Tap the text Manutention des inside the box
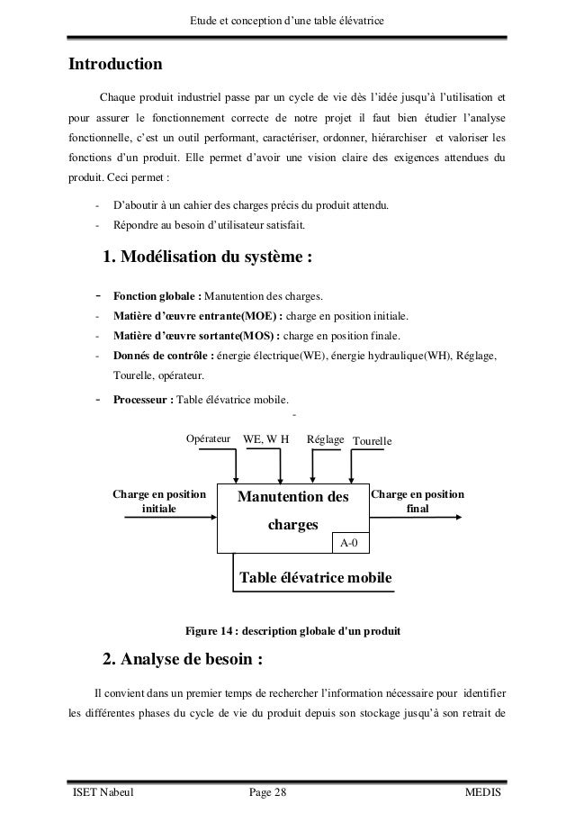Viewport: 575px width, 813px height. (x=292, y=497)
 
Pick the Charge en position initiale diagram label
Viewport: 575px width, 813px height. (x=159, y=501)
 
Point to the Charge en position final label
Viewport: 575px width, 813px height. (x=418, y=501)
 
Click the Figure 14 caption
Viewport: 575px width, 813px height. (x=292, y=628)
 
